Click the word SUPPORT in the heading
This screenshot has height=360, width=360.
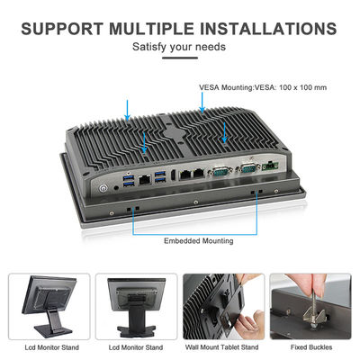[62, 29]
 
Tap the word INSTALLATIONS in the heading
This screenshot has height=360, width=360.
[268, 29]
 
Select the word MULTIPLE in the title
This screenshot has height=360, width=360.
[151, 29]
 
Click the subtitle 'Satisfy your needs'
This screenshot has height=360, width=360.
[179, 47]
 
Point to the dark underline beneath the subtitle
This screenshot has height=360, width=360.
[180, 58]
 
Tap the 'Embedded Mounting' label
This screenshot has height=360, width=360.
[199, 241]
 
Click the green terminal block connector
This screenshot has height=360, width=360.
[270, 166]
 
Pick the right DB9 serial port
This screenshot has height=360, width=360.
[247, 168]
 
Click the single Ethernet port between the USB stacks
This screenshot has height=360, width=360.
[145, 180]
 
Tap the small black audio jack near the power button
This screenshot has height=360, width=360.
[116, 188]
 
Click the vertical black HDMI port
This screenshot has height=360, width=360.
[173, 176]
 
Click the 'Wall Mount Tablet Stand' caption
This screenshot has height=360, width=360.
[221, 347]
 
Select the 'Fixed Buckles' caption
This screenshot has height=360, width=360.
[311, 347]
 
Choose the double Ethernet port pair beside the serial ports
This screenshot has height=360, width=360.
[193, 175]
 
